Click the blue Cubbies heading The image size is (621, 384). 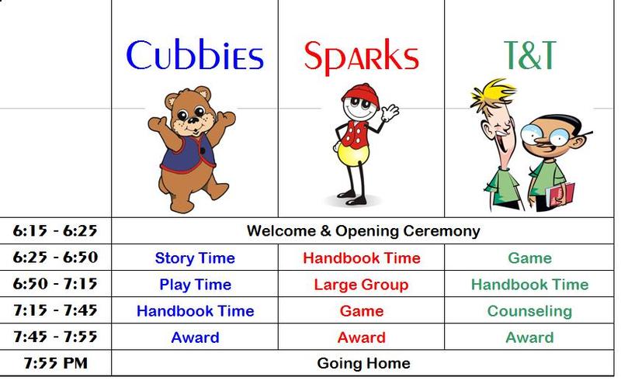pyautogui.click(x=195, y=55)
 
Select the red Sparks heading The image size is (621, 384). pyautogui.click(x=361, y=57)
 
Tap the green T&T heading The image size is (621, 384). pyautogui.click(x=530, y=55)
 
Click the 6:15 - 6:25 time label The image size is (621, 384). pyautogui.click(x=55, y=230)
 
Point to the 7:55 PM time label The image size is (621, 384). pyautogui.click(x=55, y=363)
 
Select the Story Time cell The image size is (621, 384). pyautogui.click(x=195, y=258)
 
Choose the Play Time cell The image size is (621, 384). pyautogui.click(x=196, y=285)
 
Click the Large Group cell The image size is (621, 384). pyautogui.click(x=361, y=285)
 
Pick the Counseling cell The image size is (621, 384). pyautogui.click(x=529, y=311)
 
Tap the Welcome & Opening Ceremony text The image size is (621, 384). pyautogui.click(x=363, y=231)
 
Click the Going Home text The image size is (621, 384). pyautogui.click(x=363, y=363)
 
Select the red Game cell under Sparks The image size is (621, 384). pyautogui.click(x=362, y=311)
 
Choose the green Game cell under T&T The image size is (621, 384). pyautogui.click(x=529, y=258)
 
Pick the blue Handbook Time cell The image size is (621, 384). pyautogui.click(x=196, y=311)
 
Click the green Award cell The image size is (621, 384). pyautogui.click(x=529, y=337)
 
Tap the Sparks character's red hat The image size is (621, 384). pyautogui.click(x=361, y=95)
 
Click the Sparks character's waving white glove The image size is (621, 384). pyautogui.click(x=390, y=113)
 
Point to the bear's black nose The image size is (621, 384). pyautogui.click(x=193, y=119)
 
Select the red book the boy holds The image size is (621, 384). pyautogui.click(x=560, y=195)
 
